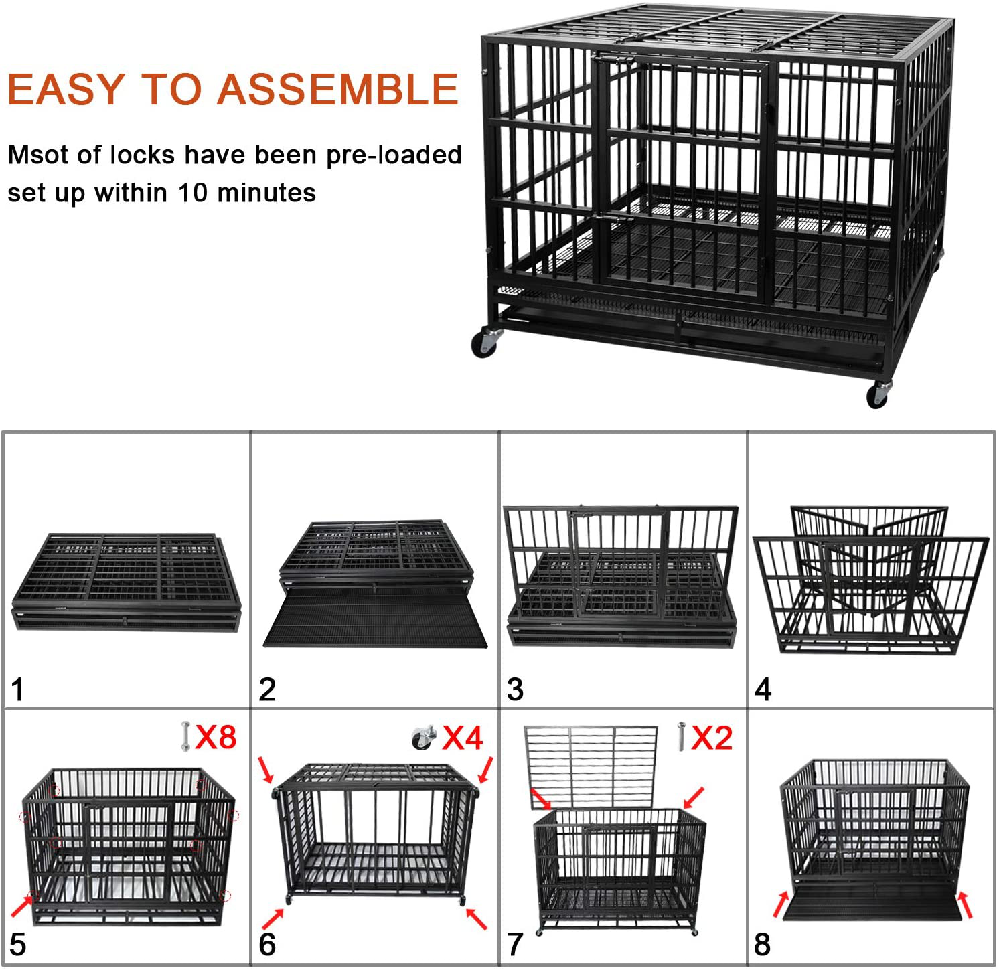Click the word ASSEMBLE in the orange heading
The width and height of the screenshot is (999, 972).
point(338,89)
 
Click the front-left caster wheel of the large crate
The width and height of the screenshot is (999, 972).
point(485,342)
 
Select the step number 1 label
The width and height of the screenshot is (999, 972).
point(18,690)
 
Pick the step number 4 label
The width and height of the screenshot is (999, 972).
point(763,690)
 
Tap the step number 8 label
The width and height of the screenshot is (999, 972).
point(762,945)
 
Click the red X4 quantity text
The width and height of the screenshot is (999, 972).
point(463,738)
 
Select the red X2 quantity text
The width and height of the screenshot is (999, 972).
point(711,738)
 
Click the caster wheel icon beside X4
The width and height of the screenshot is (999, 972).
point(423,738)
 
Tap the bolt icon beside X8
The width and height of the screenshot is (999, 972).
point(185,736)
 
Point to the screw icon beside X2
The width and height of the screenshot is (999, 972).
point(681,736)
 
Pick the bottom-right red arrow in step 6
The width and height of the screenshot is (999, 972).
point(476,918)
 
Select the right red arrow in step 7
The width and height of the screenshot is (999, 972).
point(694,797)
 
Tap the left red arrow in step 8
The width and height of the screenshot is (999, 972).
point(781,903)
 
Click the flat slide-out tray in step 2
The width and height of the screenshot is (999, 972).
point(375,620)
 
